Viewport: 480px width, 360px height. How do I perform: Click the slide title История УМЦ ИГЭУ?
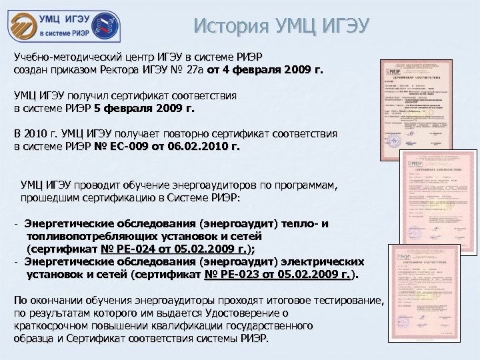pos(281,26)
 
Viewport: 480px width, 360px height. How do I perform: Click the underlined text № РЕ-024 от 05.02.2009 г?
pos(173,249)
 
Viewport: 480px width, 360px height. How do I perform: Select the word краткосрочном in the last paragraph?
pos(55,326)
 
